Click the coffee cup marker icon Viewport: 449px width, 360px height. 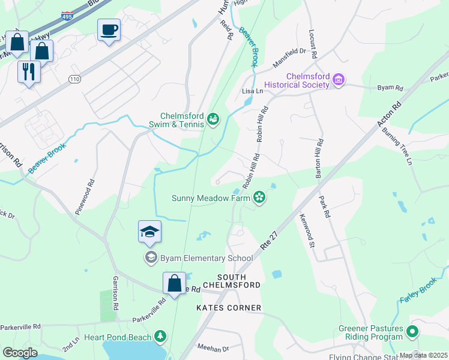pyautogui.click(x=109, y=30)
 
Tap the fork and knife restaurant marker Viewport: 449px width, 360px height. pyautogui.click(x=28, y=72)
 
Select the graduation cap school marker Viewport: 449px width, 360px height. pyautogui.click(x=149, y=232)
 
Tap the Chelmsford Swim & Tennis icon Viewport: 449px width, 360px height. pyautogui.click(x=212, y=120)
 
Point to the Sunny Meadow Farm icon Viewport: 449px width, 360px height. pyautogui.click(x=259, y=197)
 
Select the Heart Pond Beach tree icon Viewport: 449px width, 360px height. pyautogui.click(x=160, y=337)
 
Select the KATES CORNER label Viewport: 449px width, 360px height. pyautogui.click(x=229, y=308)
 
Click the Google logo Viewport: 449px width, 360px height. pyautogui.click(x=20, y=353)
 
